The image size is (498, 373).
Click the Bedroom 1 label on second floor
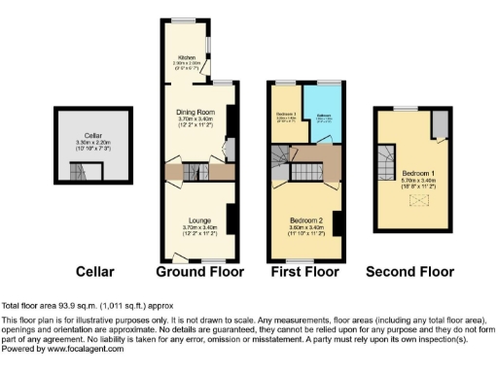408,174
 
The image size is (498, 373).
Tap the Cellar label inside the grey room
94,137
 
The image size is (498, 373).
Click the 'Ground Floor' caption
199,272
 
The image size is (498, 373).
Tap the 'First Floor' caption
304,272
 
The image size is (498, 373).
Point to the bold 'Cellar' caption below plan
95,272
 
